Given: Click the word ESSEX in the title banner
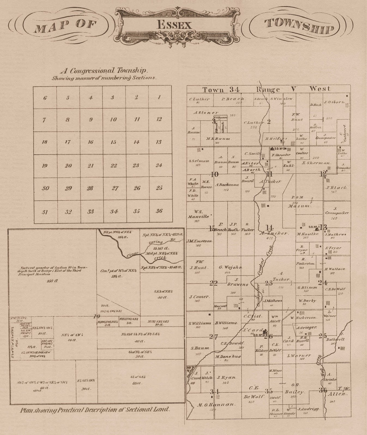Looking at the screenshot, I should tap(174, 25).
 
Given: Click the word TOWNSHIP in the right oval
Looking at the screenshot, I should tap(299, 26).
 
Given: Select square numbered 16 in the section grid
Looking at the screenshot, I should tap(91, 142).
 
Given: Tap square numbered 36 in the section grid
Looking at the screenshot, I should tap(159, 211).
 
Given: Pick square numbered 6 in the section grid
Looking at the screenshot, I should tap(45, 98).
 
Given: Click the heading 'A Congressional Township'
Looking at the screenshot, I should tap(104, 71).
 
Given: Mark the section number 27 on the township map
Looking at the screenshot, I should tap(213, 337).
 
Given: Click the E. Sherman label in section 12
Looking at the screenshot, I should tap(316, 163).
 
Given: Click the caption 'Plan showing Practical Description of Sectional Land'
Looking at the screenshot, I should tap(95, 410).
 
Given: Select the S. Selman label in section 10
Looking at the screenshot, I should tap(199, 161).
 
